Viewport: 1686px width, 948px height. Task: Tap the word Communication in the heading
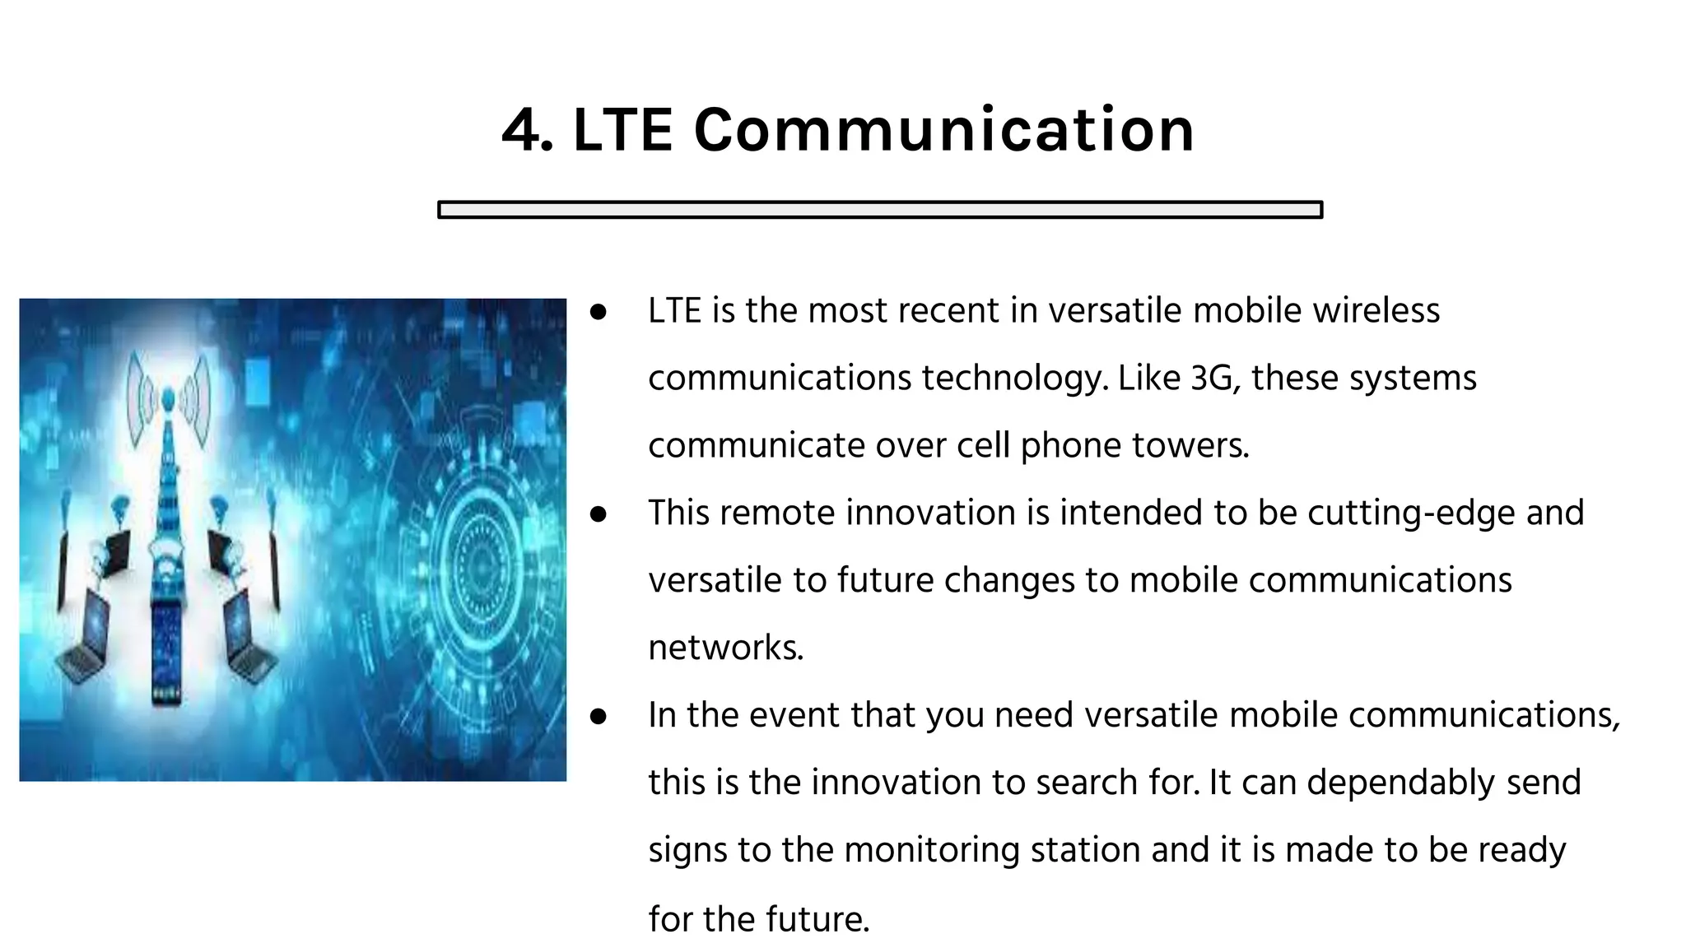pos(943,130)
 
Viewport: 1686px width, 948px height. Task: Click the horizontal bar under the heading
pos(879,210)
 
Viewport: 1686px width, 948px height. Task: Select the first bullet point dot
pos(598,312)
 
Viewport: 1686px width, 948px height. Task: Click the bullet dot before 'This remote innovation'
pos(598,514)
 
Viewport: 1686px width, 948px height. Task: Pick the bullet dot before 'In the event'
pos(598,717)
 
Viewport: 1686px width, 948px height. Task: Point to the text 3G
pos(1215,379)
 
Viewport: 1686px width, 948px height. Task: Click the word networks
pos(724,648)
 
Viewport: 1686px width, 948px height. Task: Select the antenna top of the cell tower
pos(168,400)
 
